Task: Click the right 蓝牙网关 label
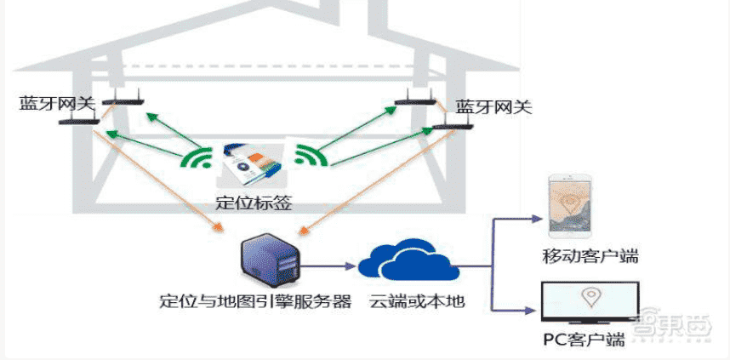click(493, 107)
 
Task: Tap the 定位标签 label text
click(254, 203)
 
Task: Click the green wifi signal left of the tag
click(198, 157)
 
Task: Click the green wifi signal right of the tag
click(311, 155)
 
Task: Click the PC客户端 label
click(584, 340)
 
